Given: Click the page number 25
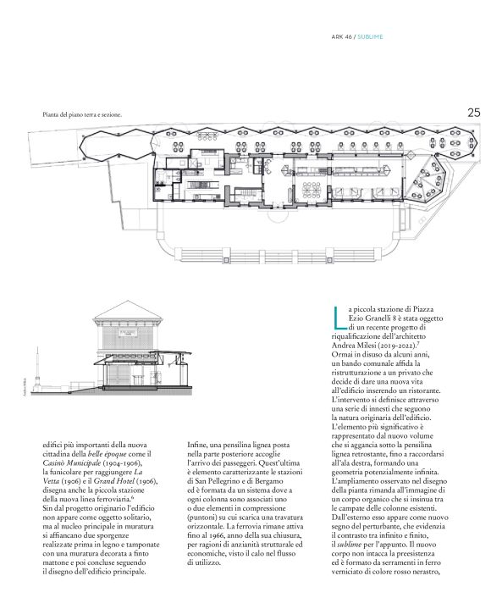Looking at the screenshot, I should pos(473,111).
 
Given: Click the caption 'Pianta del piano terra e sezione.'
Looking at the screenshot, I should pos(82,113).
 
